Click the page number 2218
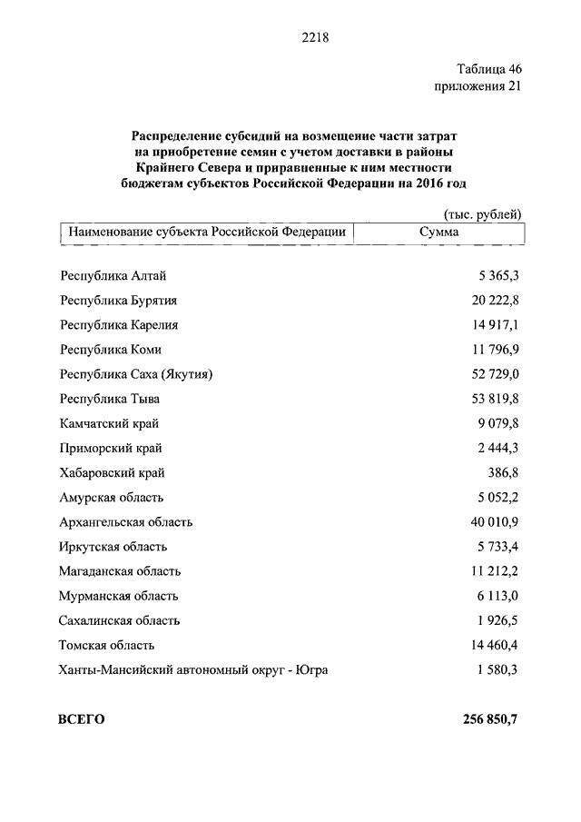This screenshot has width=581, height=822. (x=313, y=37)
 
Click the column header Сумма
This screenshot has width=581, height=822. (x=439, y=233)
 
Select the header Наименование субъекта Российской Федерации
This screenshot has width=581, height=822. (x=207, y=233)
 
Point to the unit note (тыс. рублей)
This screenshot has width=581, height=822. (x=483, y=213)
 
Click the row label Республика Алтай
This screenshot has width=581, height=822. (x=113, y=276)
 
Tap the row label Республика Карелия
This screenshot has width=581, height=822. (x=119, y=325)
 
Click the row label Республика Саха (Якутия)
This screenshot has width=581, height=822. (x=141, y=374)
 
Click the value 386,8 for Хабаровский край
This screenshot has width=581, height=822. (x=503, y=473)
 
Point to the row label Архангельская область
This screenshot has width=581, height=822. (x=126, y=522)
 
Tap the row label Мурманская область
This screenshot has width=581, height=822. (x=119, y=596)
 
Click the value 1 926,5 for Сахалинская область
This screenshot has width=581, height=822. (x=499, y=620)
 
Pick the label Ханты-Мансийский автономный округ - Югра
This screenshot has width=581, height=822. (x=194, y=670)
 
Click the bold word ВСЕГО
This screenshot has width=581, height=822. (x=82, y=719)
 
